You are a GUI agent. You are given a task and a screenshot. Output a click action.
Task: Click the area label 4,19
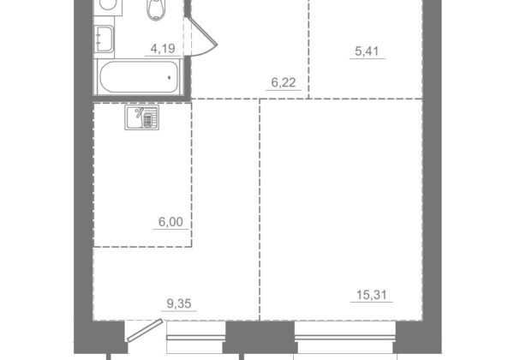coord(163,49)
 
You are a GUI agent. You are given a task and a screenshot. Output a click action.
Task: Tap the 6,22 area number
coord(284,82)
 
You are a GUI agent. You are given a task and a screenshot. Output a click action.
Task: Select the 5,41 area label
coord(367,51)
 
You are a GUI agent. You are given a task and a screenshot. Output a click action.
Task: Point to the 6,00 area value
coord(170,222)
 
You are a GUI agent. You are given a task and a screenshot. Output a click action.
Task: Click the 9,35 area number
coord(179,303)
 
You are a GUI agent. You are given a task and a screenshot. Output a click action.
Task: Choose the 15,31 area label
coord(372,295)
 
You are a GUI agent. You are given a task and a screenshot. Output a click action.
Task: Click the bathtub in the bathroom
coord(139,77)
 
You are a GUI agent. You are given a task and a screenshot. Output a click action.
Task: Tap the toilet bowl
coord(156,9)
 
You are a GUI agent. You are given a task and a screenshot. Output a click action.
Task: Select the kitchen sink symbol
coord(141,117)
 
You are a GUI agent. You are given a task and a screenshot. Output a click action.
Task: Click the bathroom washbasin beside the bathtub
coord(104,39)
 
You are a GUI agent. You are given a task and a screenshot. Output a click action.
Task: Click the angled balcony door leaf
coord(145,331)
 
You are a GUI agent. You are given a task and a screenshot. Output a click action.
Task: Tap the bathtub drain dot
coord(169,78)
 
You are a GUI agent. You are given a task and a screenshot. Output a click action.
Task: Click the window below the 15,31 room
coord(345,338)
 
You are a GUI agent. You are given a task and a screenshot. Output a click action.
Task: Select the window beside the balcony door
coord(196,338)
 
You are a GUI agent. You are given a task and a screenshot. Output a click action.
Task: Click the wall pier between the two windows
coord(260,337)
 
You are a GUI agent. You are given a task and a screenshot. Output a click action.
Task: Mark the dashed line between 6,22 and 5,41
coord(308,49)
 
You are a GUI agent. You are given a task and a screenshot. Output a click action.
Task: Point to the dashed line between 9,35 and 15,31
coord(260,209)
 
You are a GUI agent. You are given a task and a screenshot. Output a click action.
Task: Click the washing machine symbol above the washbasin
coord(108,7)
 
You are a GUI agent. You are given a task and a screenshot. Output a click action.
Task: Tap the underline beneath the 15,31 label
coord(372,302)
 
